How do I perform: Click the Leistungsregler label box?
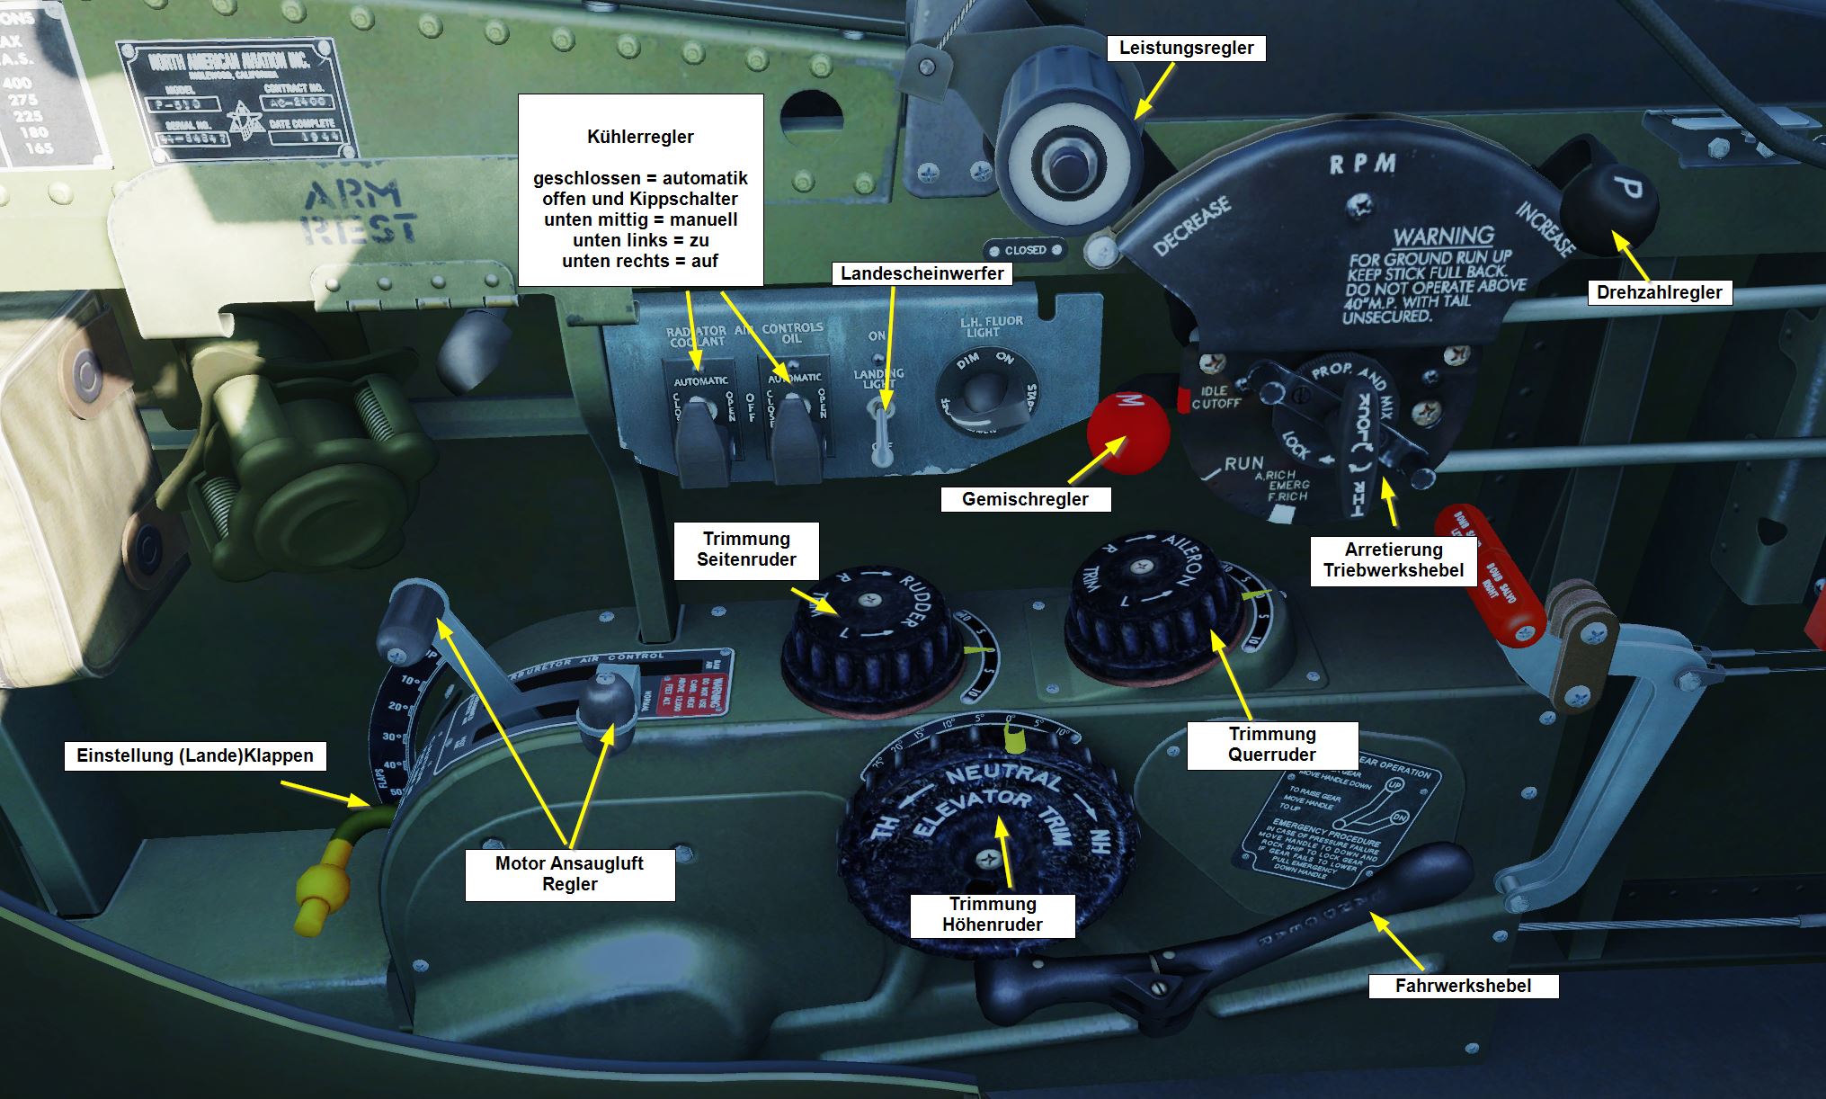(x=1186, y=49)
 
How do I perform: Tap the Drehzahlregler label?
(x=1659, y=292)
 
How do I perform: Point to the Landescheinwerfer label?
(x=922, y=273)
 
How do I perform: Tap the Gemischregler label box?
(x=1025, y=499)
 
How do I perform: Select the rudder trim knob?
(x=867, y=630)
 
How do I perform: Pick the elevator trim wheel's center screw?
(x=988, y=859)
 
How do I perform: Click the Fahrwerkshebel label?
(x=1463, y=986)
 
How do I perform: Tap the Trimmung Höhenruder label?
(x=993, y=915)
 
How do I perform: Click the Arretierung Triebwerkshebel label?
(x=1393, y=560)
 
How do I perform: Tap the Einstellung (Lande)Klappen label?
(x=195, y=756)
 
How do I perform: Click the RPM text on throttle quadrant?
(x=1362, y=165)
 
